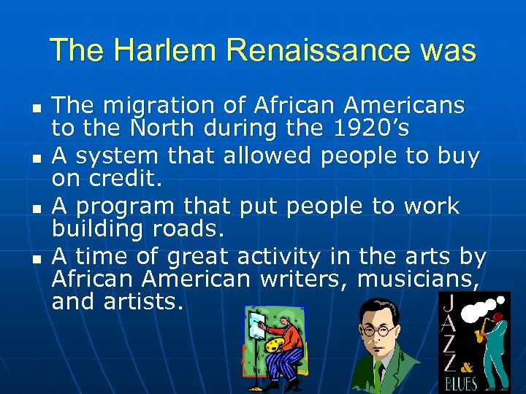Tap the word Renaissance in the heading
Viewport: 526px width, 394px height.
tap(314, 51)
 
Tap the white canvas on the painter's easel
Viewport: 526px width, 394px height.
tap(257, 325)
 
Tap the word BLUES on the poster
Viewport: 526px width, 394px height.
tap(459, 384)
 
